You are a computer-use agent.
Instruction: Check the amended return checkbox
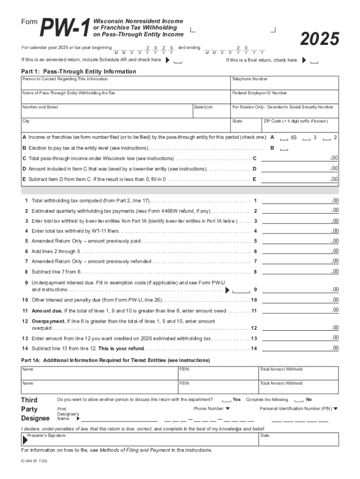[177, 61]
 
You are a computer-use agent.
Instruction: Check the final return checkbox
[315, 61]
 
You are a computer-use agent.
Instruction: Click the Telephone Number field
[284, 85]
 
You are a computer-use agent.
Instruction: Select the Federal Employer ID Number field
[284, 99]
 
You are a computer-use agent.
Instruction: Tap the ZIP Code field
[300, 127]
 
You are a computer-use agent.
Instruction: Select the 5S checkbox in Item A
[283, 138]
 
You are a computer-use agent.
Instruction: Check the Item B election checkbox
[283, 149]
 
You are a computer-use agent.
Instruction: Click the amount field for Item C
[300, 158]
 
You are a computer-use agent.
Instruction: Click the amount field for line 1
[300, 201]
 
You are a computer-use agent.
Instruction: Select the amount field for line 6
[300, 251]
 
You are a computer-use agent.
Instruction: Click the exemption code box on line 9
[241, 290]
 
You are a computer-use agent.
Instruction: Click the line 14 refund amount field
[300, 348]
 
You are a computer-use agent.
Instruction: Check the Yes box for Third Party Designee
[226, 400]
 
